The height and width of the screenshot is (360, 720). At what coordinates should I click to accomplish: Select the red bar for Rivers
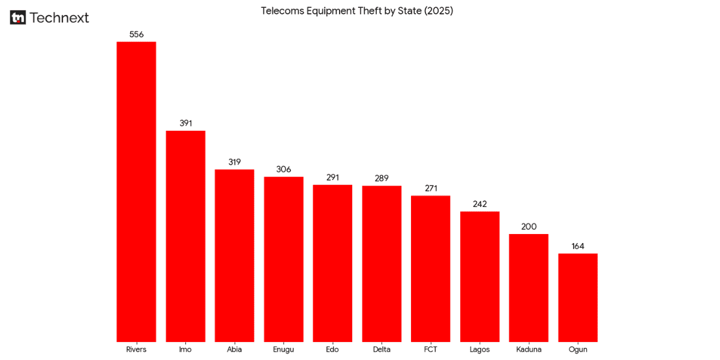[x=136, y=192]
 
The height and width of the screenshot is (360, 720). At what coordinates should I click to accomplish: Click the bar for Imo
[x=185, y=236]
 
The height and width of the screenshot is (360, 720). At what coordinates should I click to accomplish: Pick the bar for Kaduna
[x=529, y=288]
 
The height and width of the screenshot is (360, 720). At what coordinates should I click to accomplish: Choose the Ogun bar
[x=578, y=298]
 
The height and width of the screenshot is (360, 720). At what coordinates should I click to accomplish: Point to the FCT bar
[x=430, y=269]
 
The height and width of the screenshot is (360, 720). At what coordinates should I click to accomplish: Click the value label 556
[x=136, y=35]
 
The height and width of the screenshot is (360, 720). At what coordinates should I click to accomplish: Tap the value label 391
[x=185, y=124]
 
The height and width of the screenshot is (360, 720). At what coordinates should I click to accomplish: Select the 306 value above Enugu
[x=284, y=170]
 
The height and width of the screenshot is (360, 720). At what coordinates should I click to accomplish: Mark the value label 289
[x=382, y=179]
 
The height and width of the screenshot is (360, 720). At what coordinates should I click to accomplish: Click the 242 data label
[x=480, y=205]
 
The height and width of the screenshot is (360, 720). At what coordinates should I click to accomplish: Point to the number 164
[x=578, y=247]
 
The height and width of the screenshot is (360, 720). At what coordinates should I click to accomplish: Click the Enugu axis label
[x=284, y=350]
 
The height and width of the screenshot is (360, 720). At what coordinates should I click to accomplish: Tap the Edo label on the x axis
[x=332, y=350]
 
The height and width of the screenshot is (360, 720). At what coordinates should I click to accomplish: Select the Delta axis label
[x=382, y=350]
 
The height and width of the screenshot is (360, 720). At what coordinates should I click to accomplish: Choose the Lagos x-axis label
[x=480, y=350]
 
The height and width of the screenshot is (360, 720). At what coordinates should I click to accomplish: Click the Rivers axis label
[x=136, y=350]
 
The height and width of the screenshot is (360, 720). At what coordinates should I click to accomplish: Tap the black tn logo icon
[x=18, y=18]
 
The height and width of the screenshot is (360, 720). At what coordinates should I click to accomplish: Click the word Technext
[x=59, y=18]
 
